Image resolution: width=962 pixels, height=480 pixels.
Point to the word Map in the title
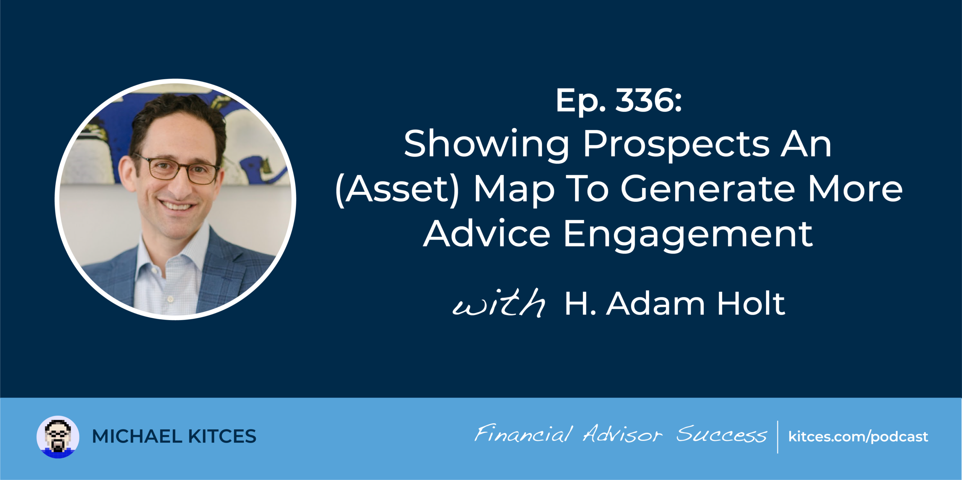pyautogui.click(x=514, y=190)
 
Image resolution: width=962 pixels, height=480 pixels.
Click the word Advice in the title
pyautogui.click(x=487, y=233)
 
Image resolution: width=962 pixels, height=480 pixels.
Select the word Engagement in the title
pyautogui.click(x=688, y=235)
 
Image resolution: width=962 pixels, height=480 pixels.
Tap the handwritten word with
pyautogui.click(x=499, y=303)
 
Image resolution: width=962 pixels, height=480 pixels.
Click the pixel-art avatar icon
pyautogui.click(x=58, y=437)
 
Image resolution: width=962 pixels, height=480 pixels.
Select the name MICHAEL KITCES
pyautogui.click(x=174, y=436)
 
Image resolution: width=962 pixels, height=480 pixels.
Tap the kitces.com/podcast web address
pyautogui.click(x=858, y=437)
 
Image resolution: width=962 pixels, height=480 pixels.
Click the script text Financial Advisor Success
pyautogui.click(x=620, y=434)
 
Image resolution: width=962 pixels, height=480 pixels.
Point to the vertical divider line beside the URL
pyautogui.click(x=777, y=437)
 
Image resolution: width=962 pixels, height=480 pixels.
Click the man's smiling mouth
pyautogui.click(x=177, y=206)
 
